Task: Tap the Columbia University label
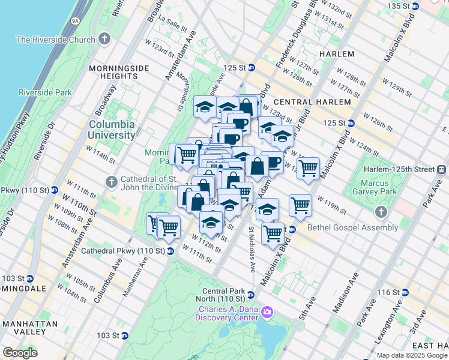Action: [112, 130]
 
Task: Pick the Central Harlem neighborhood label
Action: [313, 102]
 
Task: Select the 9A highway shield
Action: [75, 20]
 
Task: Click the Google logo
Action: [20, 353]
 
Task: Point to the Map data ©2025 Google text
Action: [411, 355]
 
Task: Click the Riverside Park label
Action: [45, 92]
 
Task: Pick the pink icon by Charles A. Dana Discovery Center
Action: [267, 313]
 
